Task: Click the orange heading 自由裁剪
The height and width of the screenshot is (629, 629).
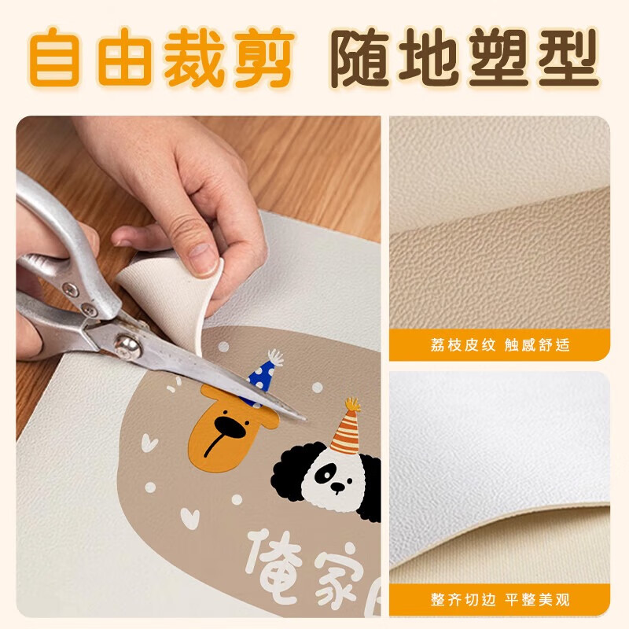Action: click(x=162, y=57)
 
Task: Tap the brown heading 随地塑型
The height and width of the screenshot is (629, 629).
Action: click(x=464, y=57)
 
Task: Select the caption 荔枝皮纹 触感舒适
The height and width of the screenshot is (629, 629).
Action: click(x=500, y=344)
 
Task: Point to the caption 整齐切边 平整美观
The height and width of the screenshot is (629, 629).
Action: click(x=500, y=600)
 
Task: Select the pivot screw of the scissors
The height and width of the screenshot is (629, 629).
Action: click(x=125, y=343)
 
